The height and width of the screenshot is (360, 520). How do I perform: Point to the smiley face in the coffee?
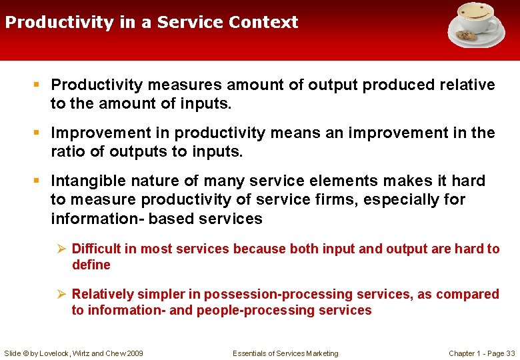click(x=475, y=13)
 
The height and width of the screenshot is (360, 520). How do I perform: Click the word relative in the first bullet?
click(x=467, y=85)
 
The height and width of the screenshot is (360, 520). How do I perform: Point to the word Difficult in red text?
click(x=96, y=249)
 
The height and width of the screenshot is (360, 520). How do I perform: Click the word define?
click(x=91, y=265)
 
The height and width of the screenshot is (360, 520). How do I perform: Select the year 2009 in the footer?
click(x=133, y=353)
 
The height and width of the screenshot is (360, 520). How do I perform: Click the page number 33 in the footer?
click(x=510, y=353)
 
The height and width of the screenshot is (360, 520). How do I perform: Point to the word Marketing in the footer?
click(x=321, y=353)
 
